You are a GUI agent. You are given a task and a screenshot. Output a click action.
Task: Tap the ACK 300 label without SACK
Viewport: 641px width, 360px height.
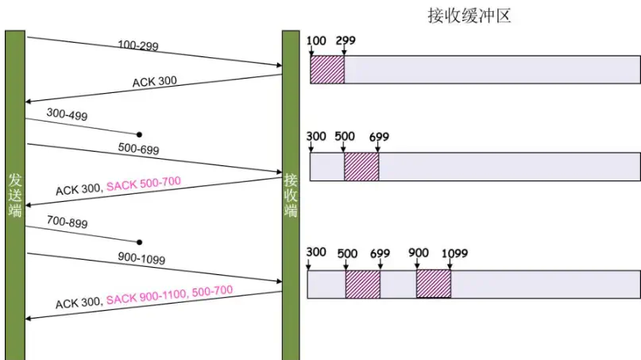tap(156, 81)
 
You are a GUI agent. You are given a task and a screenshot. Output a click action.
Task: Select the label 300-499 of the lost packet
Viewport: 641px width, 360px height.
tap(67, 115)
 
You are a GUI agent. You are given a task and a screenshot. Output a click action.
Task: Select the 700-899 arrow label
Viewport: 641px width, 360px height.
tap(67, 223)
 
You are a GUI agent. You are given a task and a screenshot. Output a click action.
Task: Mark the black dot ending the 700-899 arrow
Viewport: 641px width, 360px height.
tap(139, 241)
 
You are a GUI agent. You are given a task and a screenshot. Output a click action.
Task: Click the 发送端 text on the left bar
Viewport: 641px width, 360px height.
tap(15, 195)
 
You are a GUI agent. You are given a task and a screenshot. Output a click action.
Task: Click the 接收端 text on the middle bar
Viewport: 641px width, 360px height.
tap(291, 195)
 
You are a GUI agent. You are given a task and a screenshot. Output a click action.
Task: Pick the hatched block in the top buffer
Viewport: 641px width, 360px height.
tap(327, 70)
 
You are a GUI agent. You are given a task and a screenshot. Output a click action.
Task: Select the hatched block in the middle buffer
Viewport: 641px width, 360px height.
tap(361, 167)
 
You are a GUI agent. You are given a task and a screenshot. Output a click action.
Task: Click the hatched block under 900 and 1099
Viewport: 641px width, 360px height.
tap(434, 284)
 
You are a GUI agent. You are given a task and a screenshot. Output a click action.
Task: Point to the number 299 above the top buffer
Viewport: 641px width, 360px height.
tap(346, 39)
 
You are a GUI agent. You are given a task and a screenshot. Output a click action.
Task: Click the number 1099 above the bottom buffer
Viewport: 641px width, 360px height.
tap(455, 253)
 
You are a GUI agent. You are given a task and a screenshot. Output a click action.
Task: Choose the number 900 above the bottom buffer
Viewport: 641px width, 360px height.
tap(419, 253)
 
